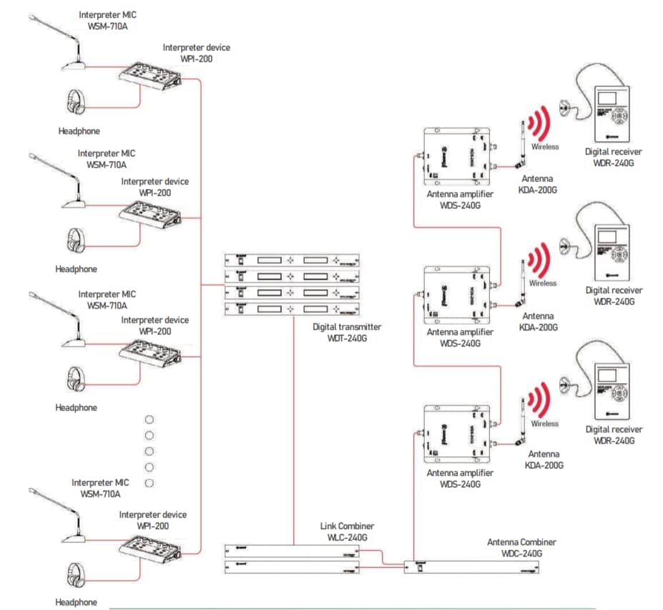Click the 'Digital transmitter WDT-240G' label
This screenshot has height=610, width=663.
click(347, 331)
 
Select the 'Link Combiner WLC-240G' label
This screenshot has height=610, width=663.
click(347, 532)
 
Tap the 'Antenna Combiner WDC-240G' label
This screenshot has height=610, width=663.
click(521, 548)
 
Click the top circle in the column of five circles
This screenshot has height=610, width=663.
click(149, 420)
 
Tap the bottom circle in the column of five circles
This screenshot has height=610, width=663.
click(149, 483)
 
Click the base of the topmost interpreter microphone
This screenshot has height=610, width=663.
click(74, 66)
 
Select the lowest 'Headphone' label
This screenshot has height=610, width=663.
click(77, 602)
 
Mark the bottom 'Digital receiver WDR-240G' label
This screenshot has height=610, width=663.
click(614, 435)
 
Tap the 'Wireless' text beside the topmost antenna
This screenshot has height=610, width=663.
click(544, 147)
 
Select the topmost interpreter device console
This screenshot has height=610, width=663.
click(152, 76)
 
